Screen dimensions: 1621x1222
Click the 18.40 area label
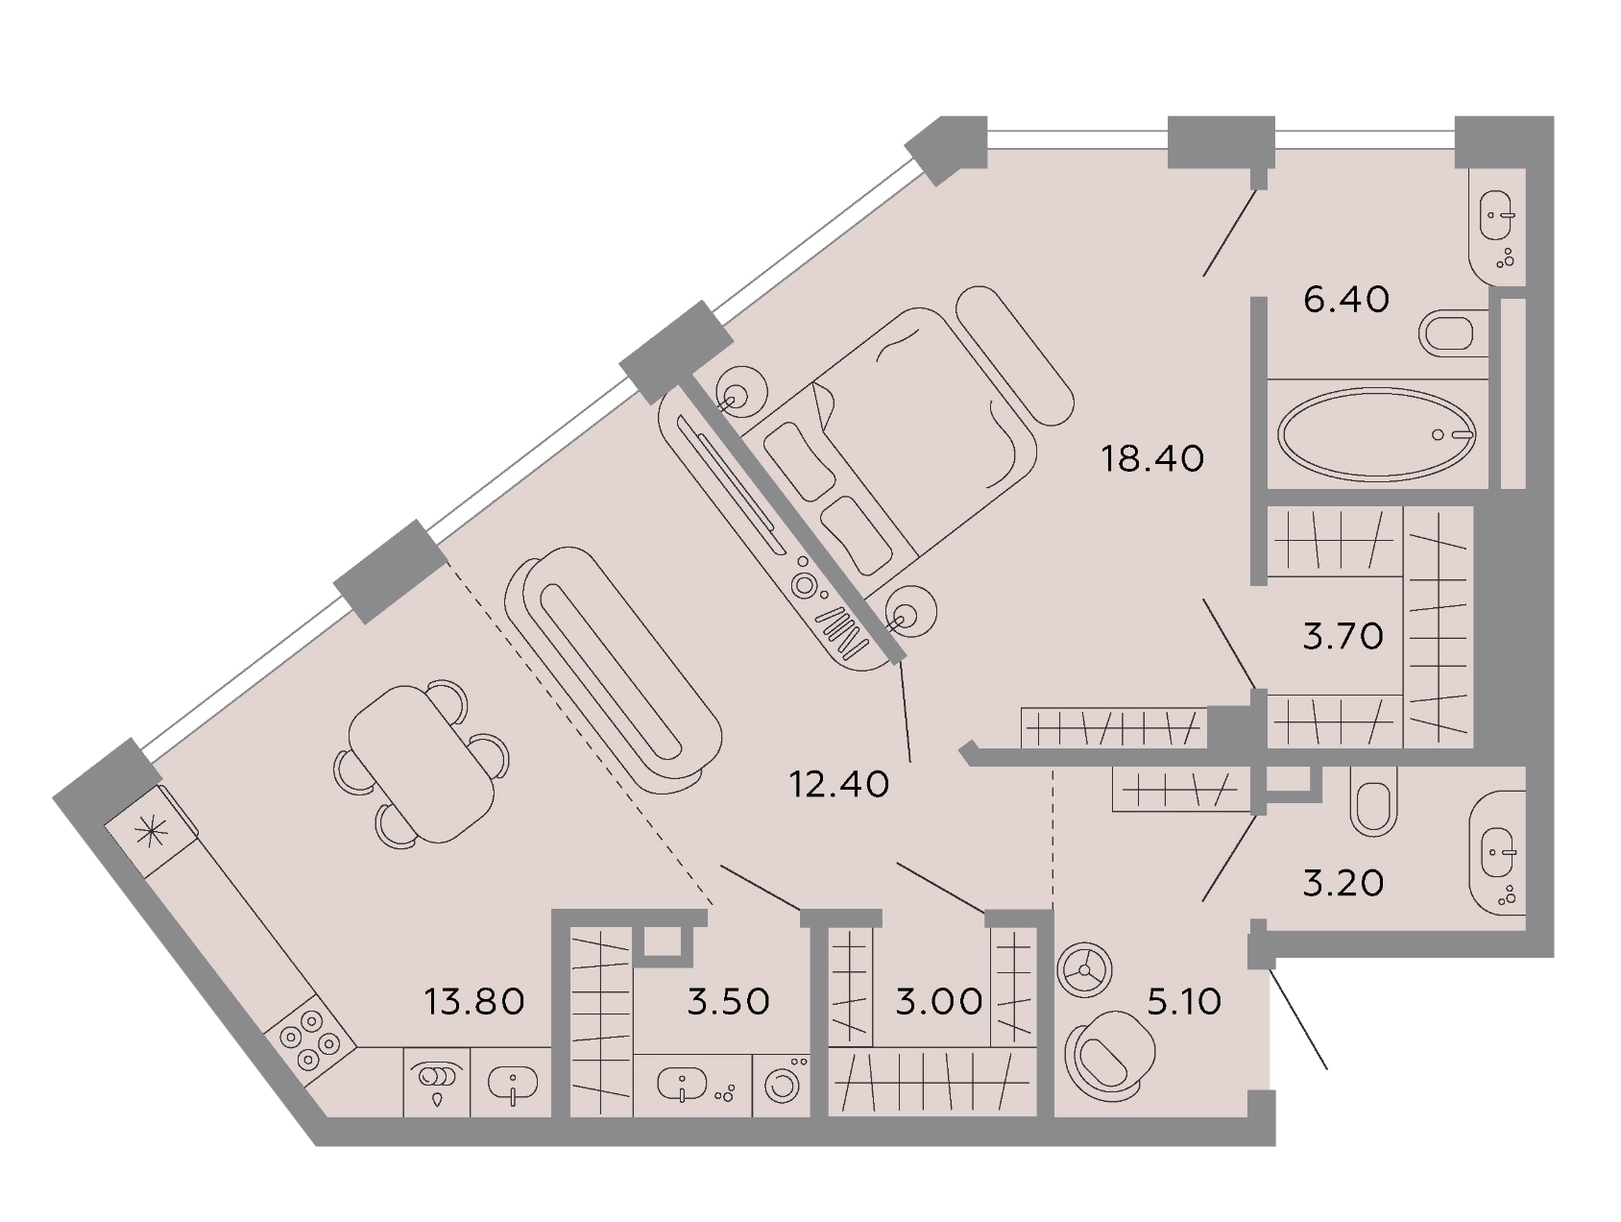[x=1151, y=458]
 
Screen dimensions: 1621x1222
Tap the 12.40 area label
[x=839, y=785]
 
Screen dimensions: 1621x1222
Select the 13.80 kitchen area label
[x=474, y=1002]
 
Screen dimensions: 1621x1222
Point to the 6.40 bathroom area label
[x=1346, y=300]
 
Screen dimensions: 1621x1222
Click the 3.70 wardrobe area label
[x=1343, y=636]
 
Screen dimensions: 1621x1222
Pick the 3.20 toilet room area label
[x=1343, y=883]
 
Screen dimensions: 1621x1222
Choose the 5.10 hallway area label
[x=1184, y=1002]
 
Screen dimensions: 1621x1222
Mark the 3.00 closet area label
[x=939, y=1002]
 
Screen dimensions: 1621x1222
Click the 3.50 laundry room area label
[x=729, y=1002]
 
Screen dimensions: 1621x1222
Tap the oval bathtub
[x=1377, y=433]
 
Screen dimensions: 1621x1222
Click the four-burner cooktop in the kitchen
[x=309, y=1040]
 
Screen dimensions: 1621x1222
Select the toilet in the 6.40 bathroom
[x=1450, y=333]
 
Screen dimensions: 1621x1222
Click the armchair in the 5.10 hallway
[x=1112, y=1055]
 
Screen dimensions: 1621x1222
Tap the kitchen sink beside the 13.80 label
[x=512, y=1085]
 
